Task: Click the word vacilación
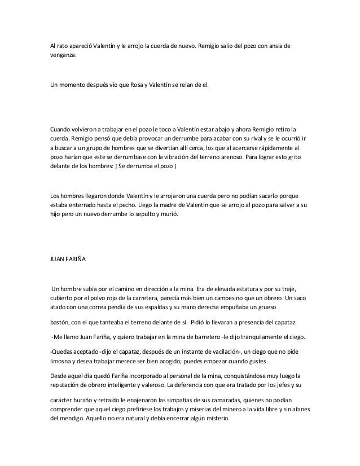pos(219,351)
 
